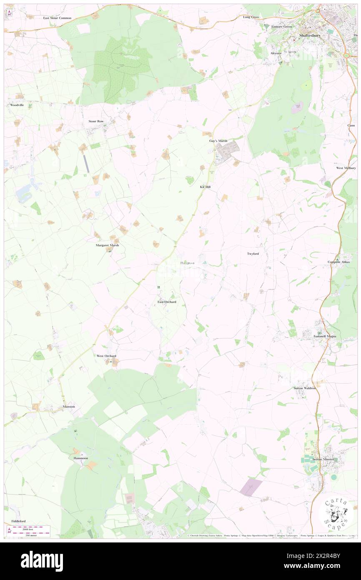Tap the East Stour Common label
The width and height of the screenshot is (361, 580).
click(58, 18)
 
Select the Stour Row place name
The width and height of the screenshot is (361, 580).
click(95, 121)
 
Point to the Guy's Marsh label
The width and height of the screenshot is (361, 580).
click(218, 141)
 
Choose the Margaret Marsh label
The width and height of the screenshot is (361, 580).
click(107, 245)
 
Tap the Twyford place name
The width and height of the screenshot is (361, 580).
click(253, 254)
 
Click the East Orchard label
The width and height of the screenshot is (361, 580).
click(167, 302)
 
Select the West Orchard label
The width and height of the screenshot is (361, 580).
click(106, 356)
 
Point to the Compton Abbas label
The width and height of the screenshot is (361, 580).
click(339, 262)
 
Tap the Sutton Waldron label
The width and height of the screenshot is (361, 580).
click(304, 388)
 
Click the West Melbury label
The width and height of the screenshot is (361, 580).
click(346, 168)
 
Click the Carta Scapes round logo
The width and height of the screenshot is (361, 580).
click(335, 514)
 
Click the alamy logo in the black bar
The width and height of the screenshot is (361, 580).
click(42, 561)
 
